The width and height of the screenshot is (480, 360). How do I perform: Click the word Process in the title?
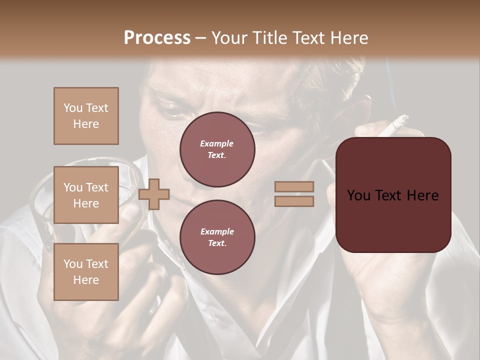click(x=157, y=38)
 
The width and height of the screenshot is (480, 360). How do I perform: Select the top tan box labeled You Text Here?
click(x=86, y=116)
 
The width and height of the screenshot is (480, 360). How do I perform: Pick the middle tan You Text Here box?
click(x=86, y=195)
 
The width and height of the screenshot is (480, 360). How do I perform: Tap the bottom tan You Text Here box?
click(x=86, y=271)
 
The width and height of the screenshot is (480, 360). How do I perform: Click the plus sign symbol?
click(x=154, y=193)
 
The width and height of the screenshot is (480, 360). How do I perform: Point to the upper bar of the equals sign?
click(x=294, y=186)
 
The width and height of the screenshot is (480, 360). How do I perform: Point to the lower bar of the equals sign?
click(x=294, y=201)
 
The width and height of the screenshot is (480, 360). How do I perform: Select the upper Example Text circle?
click(x=217, y=149)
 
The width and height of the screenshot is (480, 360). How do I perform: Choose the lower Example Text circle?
click(x=217, y=237)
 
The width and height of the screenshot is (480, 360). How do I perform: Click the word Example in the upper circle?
click(x=217, y=143)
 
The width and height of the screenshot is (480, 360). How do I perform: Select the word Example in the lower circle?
click(x=217, y=231)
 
